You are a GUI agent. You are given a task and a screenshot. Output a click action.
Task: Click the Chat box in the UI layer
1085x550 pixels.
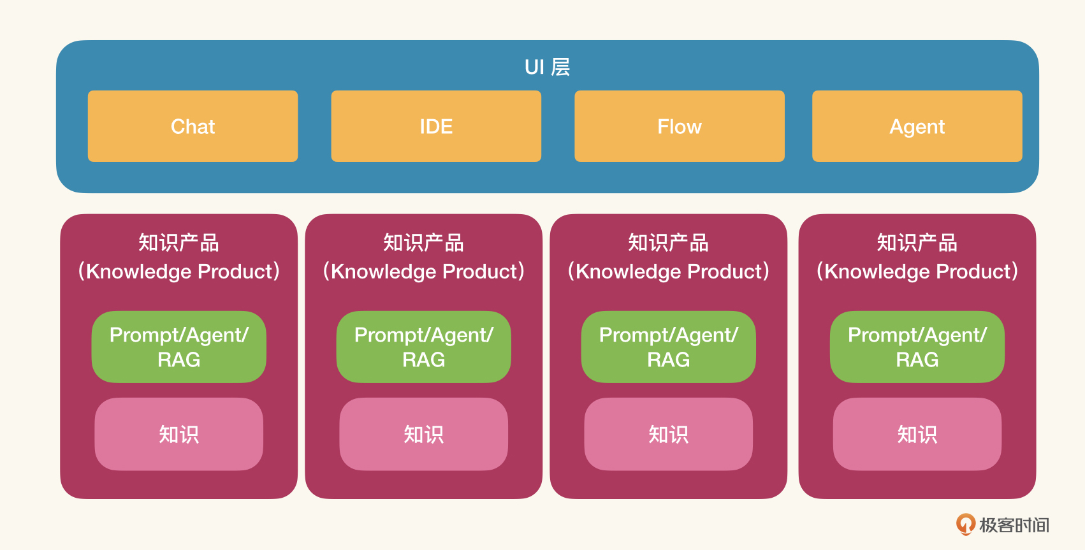[x=193, y=126]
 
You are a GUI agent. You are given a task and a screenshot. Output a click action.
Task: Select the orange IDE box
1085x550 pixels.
[x=436, y=126]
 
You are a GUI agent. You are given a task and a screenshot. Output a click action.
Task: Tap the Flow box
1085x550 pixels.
[x=679, y=126]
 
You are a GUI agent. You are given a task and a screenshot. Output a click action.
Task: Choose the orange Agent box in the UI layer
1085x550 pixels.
[x=917, y=126]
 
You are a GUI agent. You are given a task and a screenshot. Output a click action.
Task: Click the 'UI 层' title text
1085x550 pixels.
[x=548, y=67]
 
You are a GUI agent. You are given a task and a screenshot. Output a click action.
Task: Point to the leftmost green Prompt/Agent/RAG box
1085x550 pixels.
[x=178, y=347]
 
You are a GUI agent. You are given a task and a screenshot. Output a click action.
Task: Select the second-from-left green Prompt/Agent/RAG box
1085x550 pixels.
[x=423, y=347]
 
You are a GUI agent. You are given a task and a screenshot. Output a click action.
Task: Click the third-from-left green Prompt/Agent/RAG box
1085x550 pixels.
[x=669, y=347]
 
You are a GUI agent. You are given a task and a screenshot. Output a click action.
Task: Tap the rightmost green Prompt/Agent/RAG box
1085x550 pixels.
[x=917, y=347]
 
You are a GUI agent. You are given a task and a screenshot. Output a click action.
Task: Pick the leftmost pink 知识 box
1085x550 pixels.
[x=178, y=434]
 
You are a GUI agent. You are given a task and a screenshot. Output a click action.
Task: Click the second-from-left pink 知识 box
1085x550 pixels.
[x=423, y=434]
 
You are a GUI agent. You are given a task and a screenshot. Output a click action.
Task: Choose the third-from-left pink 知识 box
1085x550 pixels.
[x=669, y=434]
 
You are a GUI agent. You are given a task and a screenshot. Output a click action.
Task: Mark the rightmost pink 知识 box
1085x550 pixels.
[x=917, y=434]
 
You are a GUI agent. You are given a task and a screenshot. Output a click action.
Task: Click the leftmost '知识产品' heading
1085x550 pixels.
[x=178, y=243]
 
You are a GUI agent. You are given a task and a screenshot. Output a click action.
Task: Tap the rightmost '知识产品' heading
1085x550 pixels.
[x=917, y=243]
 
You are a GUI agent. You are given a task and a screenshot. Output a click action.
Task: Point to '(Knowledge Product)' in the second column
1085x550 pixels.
[x=423, y=271]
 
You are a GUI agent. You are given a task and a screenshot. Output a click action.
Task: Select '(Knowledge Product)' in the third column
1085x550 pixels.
[x=669, y=271]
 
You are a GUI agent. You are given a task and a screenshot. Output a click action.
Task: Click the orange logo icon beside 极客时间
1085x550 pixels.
[x=965, y=525]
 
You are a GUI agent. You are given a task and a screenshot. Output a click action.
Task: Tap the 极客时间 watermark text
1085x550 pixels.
[x=1014, y=525]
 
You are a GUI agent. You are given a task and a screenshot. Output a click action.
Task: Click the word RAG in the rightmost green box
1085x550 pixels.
[x=917, y=359]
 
